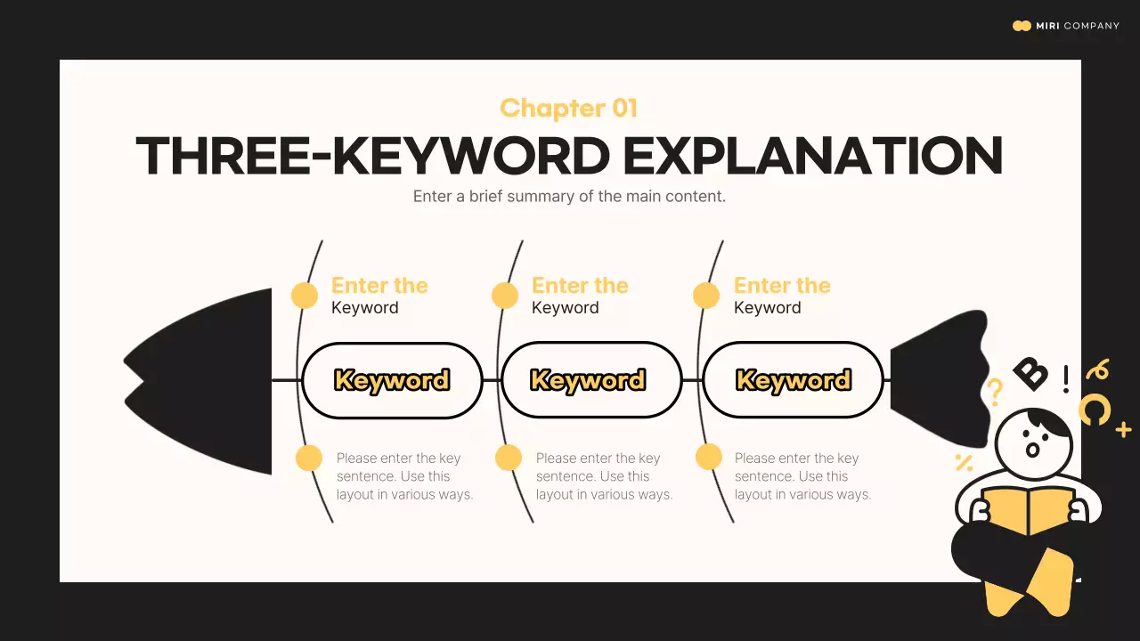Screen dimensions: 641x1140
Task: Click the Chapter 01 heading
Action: pyautogui.click(x=568, y=109)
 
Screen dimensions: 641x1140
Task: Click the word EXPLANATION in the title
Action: pyautogui.click(x=812, y=156)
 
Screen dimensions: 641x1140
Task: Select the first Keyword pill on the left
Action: pyautogui.click(x=392, y=380)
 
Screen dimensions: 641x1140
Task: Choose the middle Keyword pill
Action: pyautogui.click(x=588, y=380)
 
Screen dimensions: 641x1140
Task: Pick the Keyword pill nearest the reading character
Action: pyautogui.click(x=793, y=380)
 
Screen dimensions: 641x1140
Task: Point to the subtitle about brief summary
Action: pyautogui.click(x=569, y=196)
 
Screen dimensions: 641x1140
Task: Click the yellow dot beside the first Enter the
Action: pyautogui.click(x=305, y=296)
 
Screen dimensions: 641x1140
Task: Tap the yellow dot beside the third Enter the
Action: pyautogui.click(x=706, y=296)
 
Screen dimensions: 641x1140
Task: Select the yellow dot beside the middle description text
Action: pyautogui.click(x=509, y=458)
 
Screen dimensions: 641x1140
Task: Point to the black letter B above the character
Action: pyautogui.click(x=1030, y=373)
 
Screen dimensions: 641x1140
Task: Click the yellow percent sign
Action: pyautogui.click(x=963, y=462)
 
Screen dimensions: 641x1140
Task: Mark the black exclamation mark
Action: pyautogui.click(x=1066, y=378)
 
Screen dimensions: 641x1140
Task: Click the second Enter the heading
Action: pyautogui.click(x=580, y=286)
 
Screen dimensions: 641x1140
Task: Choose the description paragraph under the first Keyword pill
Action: pyautogui.click(x=404, y=476)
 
